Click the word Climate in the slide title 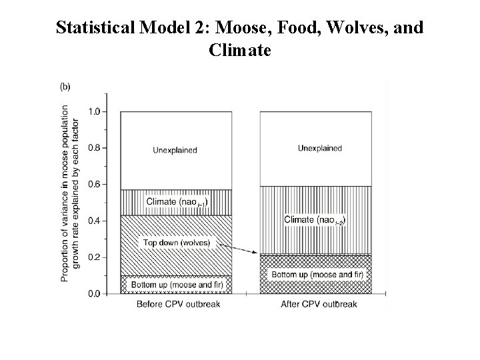[239, 49]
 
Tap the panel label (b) [67, 86]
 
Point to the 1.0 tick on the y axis [94, 112]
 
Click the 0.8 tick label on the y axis [94, 148]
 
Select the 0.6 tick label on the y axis [94, 185]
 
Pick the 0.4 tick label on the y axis [94, 221]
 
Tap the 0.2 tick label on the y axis [94, 257]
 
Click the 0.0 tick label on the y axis [94, 293]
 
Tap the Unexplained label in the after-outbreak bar [319, 148]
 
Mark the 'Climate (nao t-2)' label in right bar [315, 220]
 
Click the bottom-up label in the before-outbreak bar [177, 285]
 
